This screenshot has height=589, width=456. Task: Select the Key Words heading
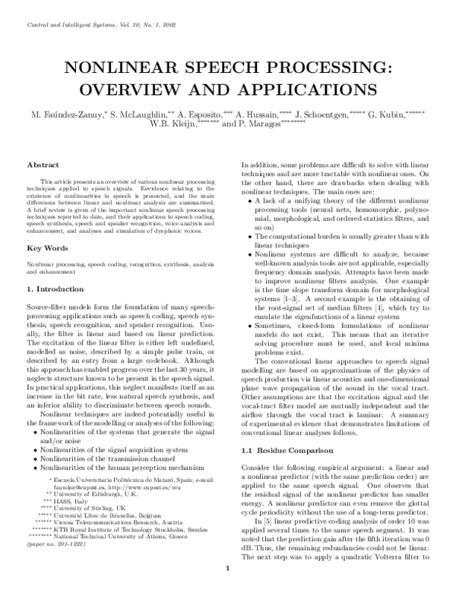point(47,228)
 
